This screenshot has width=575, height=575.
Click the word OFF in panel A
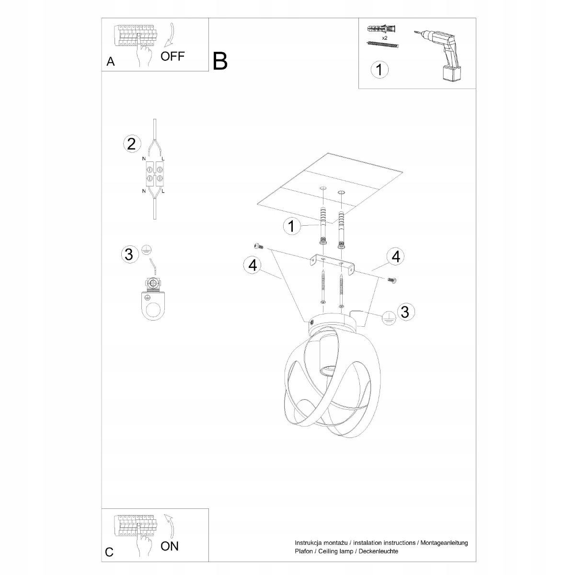click(172, 56)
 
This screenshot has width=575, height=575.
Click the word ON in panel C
click(170, 546)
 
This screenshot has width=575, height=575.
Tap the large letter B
click(220, 61)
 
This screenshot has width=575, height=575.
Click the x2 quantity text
click(384, 37)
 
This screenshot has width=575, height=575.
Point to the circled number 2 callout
click(132, 144)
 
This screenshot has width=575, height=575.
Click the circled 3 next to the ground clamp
click(128, 254)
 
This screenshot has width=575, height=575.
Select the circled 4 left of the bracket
click(252, 265)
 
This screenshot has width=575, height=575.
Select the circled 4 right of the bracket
click(395, 257)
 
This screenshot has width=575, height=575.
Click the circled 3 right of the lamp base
click(405, 311)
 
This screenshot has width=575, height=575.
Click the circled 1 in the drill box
click(379, 69)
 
